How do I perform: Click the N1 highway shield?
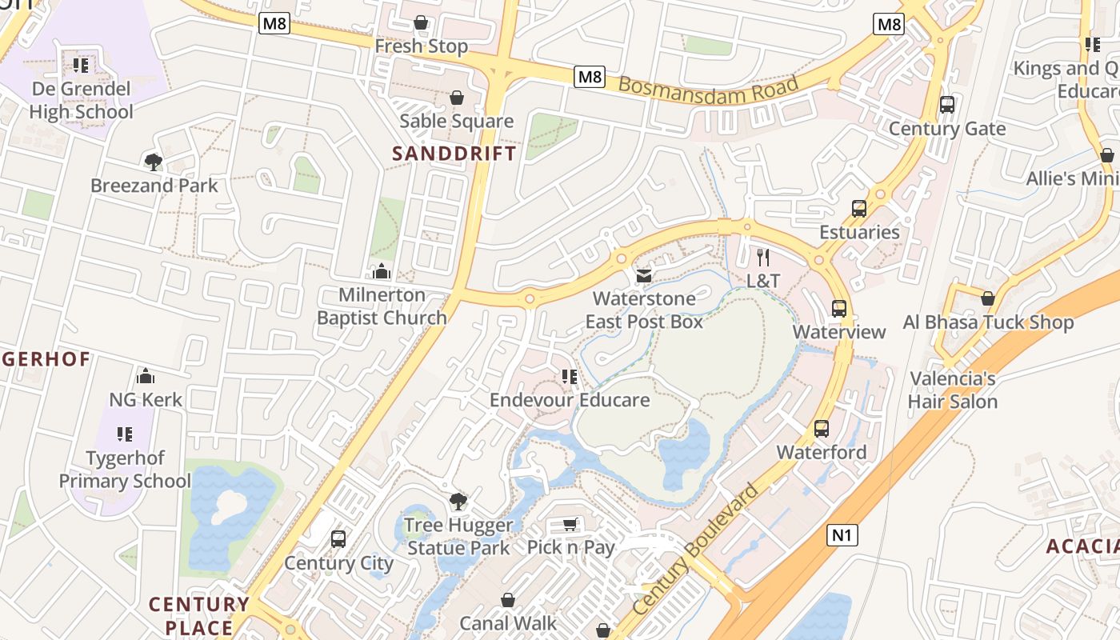pos(842,534)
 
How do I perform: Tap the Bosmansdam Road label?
pos(709,87)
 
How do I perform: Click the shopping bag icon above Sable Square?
pos(456,98)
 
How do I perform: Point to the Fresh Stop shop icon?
pos(421,23)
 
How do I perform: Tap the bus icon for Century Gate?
pos(947,105)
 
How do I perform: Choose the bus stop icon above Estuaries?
pos(859,209)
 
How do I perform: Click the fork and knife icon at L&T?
pos(763,257)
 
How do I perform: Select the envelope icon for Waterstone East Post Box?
pos(643,276)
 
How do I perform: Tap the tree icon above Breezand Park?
pos(154,162)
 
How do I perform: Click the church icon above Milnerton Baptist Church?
pos(382,271)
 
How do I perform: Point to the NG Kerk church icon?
pos(146,376)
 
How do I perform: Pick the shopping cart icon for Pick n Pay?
pos(570,525)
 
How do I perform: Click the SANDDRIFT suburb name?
pos(454,154)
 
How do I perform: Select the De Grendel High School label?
pos(81,100)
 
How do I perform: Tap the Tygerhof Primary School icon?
pos(124,434)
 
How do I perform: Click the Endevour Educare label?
pos(570,399)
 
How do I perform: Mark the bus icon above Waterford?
pos(822,429)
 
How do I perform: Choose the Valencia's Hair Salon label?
pos(953,390)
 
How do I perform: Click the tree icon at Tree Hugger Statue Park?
pos(458,502)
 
